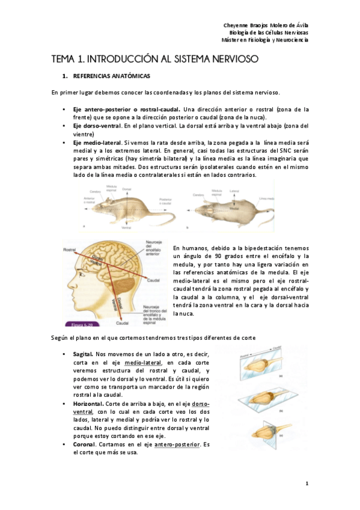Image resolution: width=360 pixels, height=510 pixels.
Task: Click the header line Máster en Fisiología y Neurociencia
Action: [264, 40]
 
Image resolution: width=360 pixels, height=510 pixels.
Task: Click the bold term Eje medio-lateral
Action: [96, 143]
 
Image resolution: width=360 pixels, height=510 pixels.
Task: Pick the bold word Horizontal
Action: [87, 404]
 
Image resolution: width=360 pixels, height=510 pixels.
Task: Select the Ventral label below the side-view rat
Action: [126, 228]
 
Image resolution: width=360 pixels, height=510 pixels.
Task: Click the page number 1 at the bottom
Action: [307, 484]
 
